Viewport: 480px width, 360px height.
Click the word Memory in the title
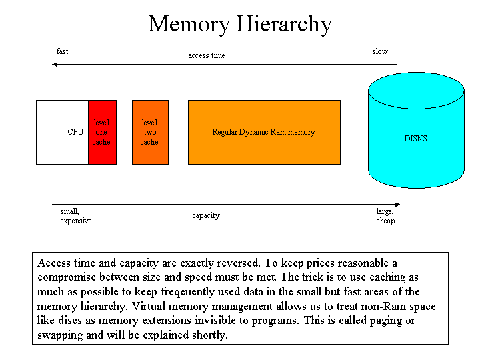pos(189,24)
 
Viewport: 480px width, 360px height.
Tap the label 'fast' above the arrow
pos(62,51)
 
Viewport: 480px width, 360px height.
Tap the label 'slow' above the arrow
pos(380,51)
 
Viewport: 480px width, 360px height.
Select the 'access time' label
pos(207,55)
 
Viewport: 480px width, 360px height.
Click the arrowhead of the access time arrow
pos(55,64)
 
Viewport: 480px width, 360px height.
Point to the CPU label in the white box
pos(75,131)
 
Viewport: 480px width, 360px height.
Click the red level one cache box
pos(102,132)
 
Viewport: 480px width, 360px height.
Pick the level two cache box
pos(150,132)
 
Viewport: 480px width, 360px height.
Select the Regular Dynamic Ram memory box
pos(264,132)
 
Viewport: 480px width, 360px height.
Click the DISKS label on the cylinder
pos(416,139)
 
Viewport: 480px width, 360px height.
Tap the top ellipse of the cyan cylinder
pos(416,91)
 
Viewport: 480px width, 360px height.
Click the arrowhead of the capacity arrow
pos(397,204)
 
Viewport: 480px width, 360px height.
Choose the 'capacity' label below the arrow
pos(206,215)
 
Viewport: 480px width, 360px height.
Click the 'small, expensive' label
pos(76,216)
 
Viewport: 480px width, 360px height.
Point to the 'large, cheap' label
pos(385,216)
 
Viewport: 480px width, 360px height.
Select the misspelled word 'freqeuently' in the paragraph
pos(187,292)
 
